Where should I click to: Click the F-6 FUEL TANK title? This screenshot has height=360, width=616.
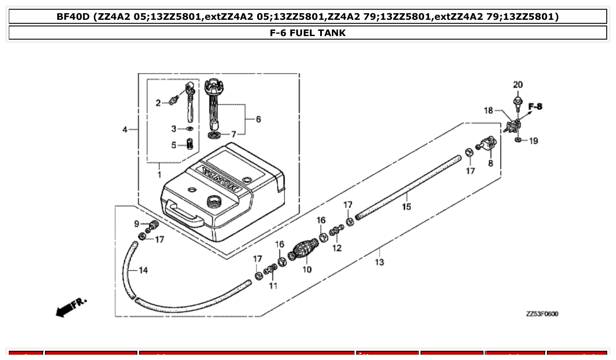pos(308,33)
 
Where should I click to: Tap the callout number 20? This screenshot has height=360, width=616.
pos(518,84)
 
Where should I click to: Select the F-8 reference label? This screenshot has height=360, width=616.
pos(535,107)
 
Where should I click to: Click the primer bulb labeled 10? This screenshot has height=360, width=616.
pos(303,250)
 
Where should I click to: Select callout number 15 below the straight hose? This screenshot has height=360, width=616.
pos(406,206)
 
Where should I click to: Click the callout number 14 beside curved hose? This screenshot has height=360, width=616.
pos(143,270)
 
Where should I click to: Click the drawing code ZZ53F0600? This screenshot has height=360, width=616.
pos(542,314)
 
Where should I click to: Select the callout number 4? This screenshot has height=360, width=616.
pos(125,129)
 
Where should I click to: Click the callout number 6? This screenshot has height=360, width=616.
pos(258,119)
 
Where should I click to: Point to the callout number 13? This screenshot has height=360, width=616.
pos(379,262)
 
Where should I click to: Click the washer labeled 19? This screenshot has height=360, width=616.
pos(518,140)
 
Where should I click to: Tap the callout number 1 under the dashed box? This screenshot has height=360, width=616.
pos(159,175)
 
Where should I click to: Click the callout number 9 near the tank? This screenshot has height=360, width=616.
pos(136,224)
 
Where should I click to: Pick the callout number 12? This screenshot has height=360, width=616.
pos(336,248)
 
